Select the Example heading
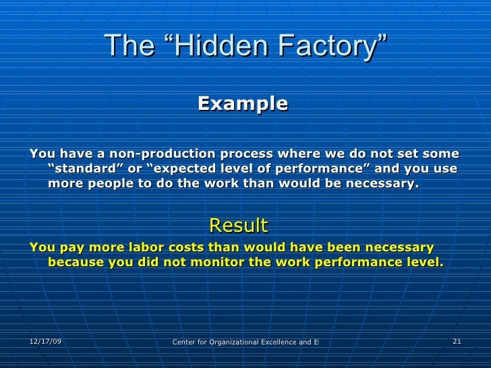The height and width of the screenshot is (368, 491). click(243, 104)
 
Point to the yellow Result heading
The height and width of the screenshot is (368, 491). click(239, 224)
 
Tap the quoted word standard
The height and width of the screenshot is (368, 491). click(85, 168)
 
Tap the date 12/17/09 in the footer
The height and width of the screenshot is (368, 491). click(46, 342)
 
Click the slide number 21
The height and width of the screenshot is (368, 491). click(457, 342)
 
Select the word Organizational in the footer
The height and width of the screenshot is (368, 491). click(227, 342)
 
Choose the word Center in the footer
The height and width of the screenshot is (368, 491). click(184, 342)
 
